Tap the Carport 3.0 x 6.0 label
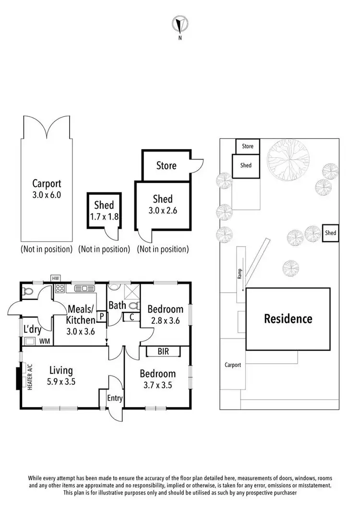click(47, 189)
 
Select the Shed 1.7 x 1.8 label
click(104, 211)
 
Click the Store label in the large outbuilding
click(166, 166)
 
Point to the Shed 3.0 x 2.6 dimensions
click(163, 210)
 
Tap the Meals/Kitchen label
click(81, 314)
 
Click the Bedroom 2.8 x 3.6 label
click(165, 314)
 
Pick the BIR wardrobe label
click(163, 352)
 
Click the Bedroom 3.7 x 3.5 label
click(157, 379)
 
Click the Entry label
click(115, 398)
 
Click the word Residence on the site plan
click(288, 319)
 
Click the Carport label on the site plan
click(233, 365)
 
